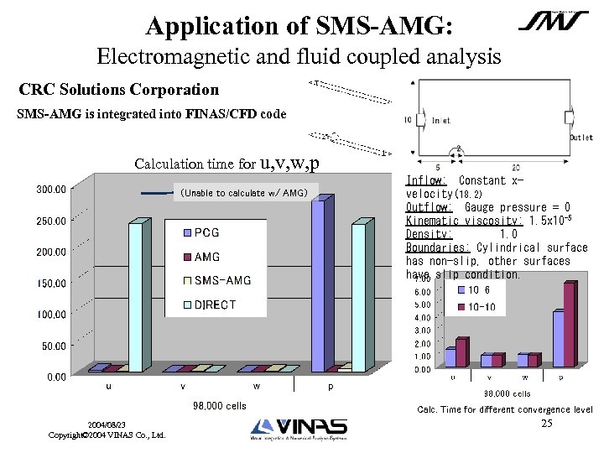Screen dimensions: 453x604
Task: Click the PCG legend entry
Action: coord(207,232)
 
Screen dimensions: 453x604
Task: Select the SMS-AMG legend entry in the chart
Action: coord(222,280)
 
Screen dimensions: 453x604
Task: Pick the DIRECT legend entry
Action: coord(215,305)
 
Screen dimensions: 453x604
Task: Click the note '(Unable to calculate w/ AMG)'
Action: coord(243,193)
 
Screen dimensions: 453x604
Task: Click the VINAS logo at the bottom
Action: coord(299,430)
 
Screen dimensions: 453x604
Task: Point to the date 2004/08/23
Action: coord(106,425)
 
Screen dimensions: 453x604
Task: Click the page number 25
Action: coord(546,424)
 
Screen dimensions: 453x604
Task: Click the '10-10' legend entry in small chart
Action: coord(481,307)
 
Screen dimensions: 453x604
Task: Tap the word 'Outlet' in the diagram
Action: coord(581,138)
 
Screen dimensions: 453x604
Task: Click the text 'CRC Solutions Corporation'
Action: coord(118,89)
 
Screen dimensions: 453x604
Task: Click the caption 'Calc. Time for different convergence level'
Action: coord(504,409)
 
